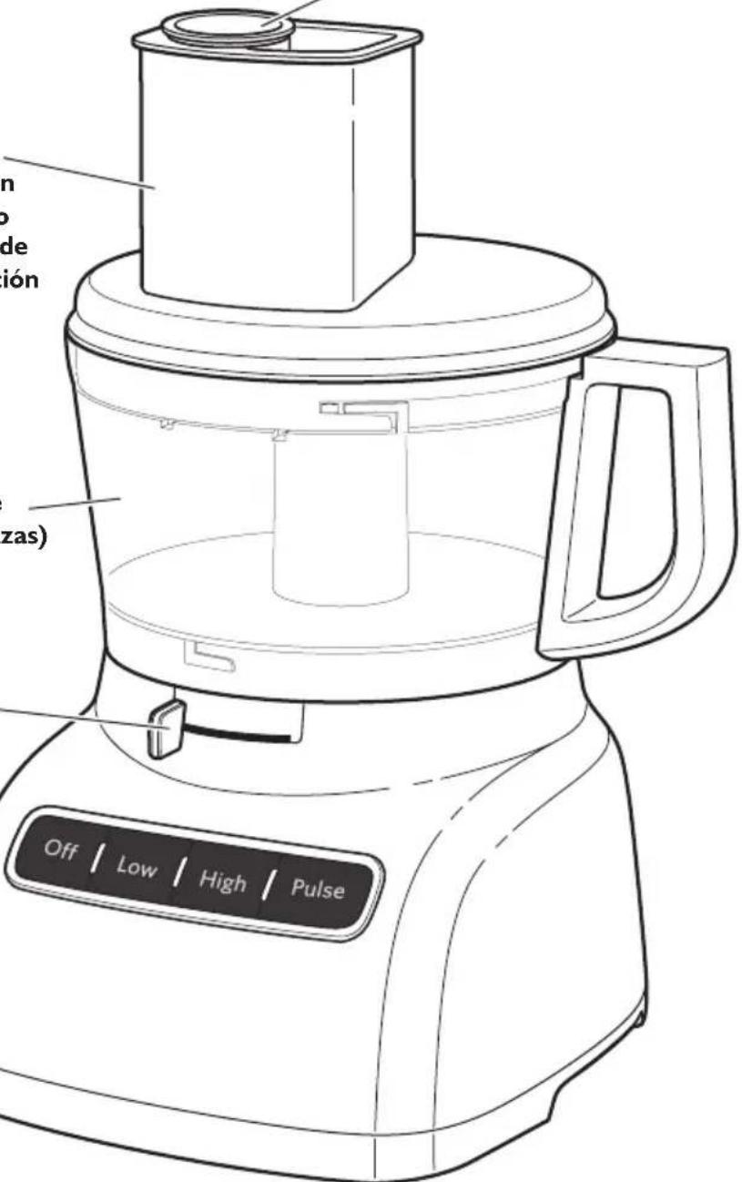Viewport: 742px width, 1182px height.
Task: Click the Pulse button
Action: pyautogui.click(x=318, y=889)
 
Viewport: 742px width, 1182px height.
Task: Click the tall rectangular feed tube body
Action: pyautogui.click(x=246, y=173)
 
